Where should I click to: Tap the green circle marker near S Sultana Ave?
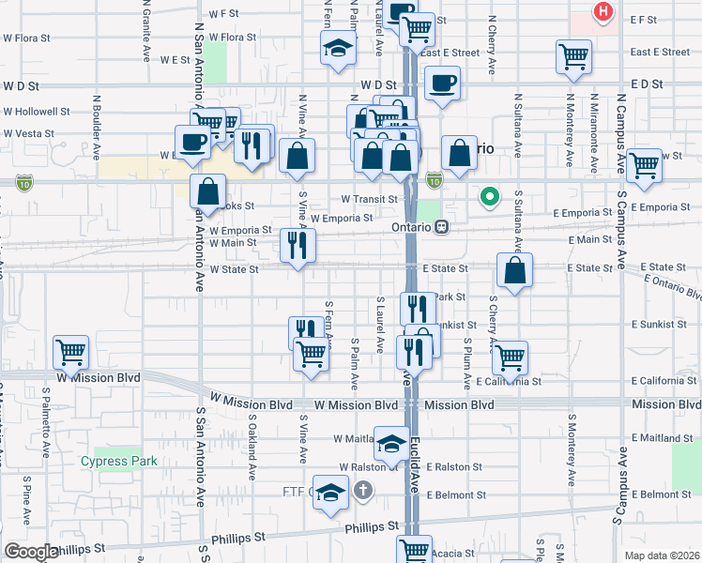[489, 197]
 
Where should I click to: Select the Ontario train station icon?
[441, 227]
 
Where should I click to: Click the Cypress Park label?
[119, 461]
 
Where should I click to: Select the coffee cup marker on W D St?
[441, 82]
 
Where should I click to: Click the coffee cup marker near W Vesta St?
[193, 142]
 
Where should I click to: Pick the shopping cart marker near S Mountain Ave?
[71, 352]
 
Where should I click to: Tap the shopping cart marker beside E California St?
[510, 357]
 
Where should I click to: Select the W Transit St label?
[369, 199]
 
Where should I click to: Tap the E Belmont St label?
[662, 495]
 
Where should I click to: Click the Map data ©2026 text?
[661, 555]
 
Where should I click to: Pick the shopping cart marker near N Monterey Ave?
[573, 56]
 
